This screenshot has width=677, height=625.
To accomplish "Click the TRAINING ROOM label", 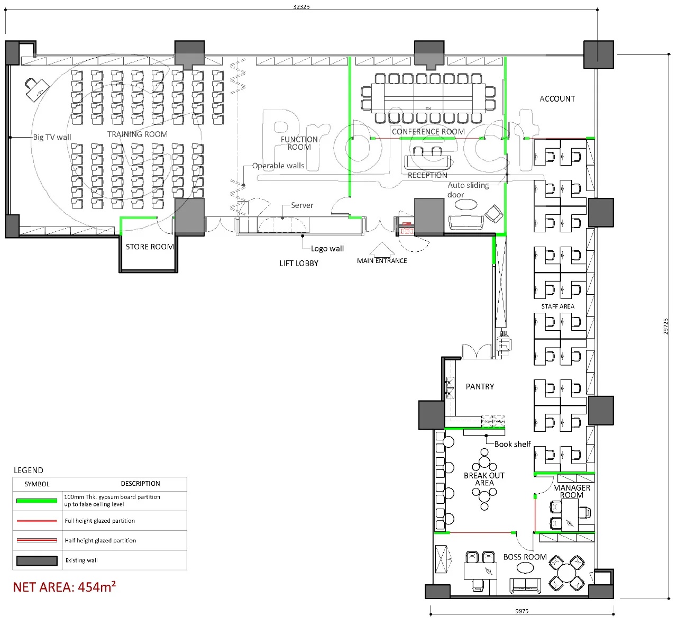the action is (138, 134).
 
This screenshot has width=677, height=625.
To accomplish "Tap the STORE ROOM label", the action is (150, 247).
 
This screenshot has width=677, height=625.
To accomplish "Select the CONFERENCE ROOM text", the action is (428, 132).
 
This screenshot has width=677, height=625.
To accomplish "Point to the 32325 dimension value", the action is (301, 6).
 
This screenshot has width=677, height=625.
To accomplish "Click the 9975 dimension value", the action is (522, 611).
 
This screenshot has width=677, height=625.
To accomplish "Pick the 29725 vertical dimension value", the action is (666, 326).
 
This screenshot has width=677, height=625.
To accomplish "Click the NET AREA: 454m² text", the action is (65, 587).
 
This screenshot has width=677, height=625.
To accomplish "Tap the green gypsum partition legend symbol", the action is (37, 501).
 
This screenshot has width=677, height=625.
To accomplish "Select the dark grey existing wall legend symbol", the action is (37, 561).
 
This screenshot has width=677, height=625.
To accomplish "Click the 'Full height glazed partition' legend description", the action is (99, 521).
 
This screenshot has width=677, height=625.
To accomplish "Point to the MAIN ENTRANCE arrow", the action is (382, 249).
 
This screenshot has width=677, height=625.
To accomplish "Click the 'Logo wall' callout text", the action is (327, 249).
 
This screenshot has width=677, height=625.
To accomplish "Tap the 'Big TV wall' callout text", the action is (52, 137).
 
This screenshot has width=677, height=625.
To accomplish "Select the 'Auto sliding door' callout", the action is (468, 190).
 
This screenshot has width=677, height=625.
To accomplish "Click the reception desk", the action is (427, 162).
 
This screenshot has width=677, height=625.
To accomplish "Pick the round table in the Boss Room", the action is (566, 573).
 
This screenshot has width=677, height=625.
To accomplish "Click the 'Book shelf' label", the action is (513, 444).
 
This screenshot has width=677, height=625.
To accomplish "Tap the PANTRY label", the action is (480, 386).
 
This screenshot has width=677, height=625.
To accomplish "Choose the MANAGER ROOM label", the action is (572, 491).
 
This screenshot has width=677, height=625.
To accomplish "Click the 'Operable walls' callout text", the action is (278, 166).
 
